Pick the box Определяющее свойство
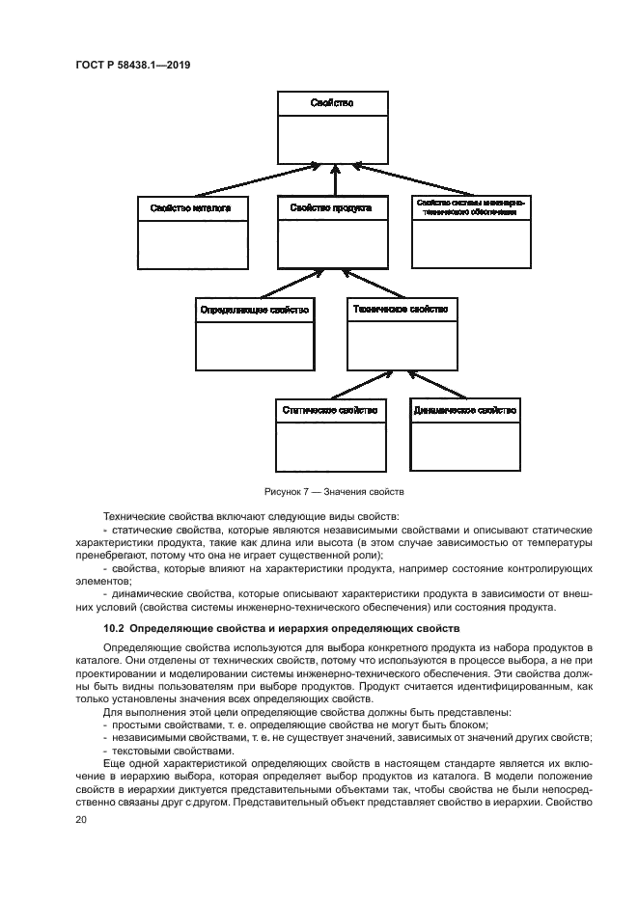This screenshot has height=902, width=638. [254, 333]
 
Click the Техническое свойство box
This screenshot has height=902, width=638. [402, 333]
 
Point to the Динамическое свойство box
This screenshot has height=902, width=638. [464, 434]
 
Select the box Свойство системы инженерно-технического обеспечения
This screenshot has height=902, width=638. [470, 232]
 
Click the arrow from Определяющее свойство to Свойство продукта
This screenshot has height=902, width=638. [290, 284]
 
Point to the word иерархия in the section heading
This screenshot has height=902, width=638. [319, 628]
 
